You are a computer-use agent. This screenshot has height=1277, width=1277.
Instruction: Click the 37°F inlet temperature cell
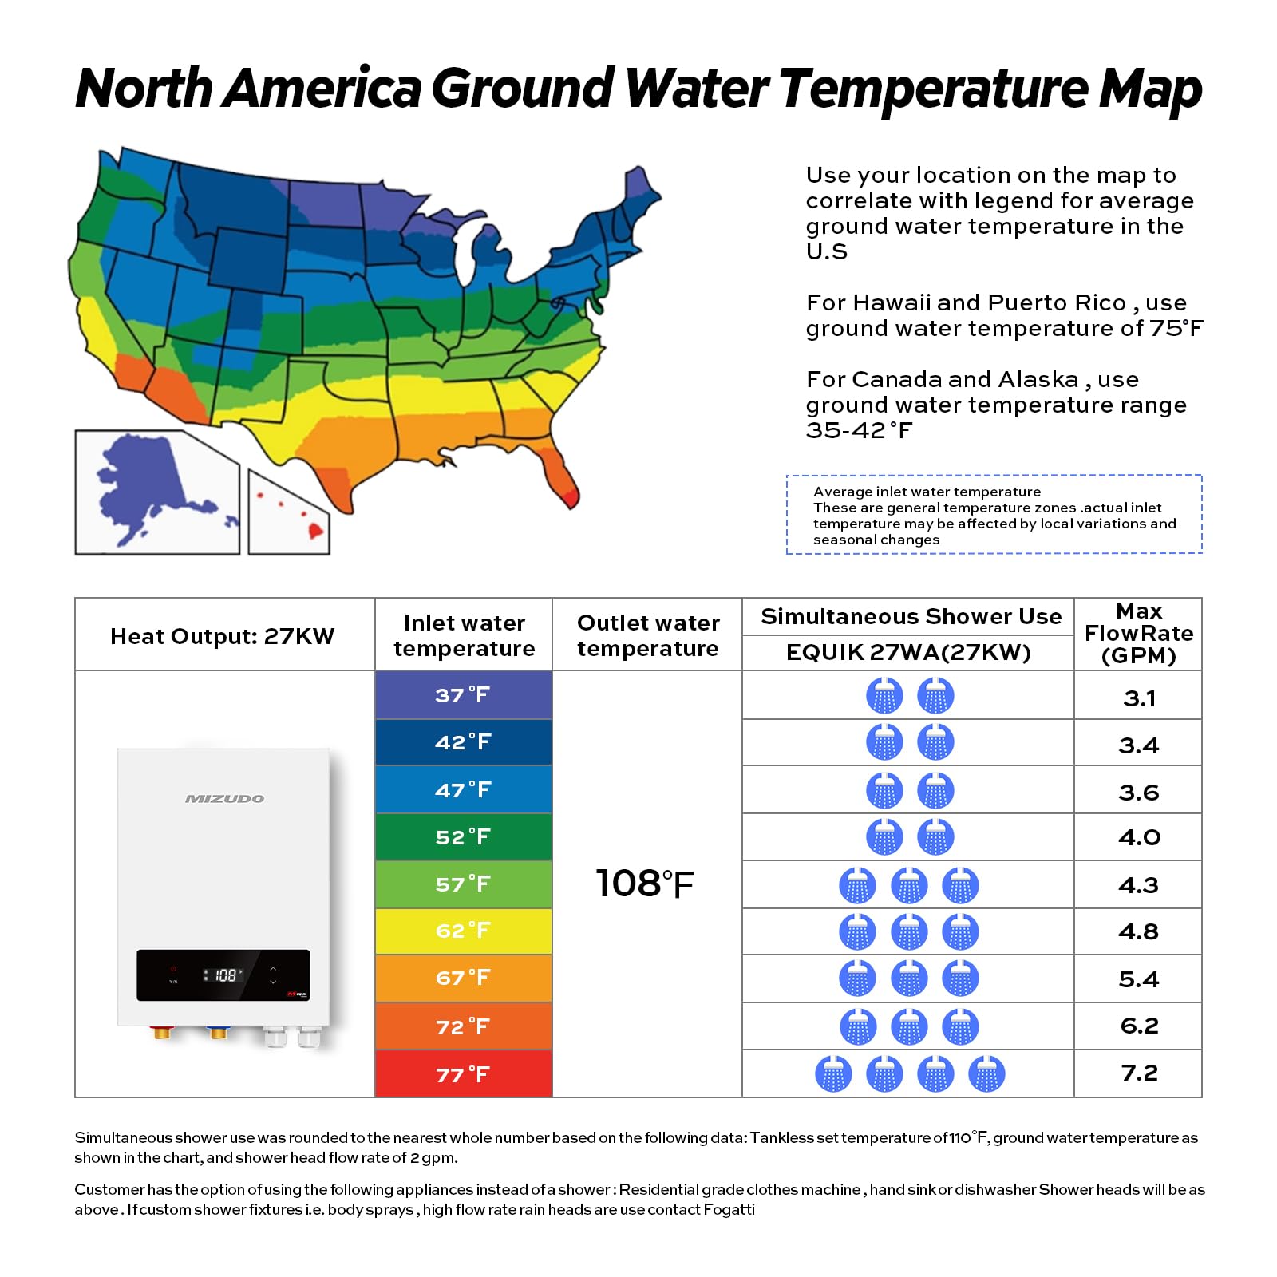pos(463,695)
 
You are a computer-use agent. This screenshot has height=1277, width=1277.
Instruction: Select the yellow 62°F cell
pos(463,931)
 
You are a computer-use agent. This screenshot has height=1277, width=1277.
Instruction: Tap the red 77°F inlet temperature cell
pos(463,1074)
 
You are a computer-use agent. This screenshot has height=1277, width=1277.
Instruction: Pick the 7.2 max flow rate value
pos(1139,1073)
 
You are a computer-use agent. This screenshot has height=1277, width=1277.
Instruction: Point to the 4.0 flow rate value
pos(1139,838)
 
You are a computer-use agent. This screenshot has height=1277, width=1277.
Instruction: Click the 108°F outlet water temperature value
pos(645,884)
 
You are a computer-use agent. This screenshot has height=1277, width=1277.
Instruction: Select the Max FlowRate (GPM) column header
pos(1139,634)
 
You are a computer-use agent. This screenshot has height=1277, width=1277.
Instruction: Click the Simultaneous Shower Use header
pos(911,617)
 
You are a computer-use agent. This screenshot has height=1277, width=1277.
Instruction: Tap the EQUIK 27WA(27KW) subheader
pos(908,653)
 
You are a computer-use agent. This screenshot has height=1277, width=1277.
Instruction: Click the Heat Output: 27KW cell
pos(223,636)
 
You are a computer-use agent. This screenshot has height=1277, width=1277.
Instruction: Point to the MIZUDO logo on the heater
pos(224,799)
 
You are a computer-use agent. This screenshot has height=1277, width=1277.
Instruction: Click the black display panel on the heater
pos(223,975)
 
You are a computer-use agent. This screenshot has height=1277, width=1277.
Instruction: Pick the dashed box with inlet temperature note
pos(994,515)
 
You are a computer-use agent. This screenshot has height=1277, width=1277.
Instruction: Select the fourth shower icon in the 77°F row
pos(986,1074)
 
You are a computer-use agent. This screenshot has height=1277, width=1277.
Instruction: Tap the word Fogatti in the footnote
pos(729,1209)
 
